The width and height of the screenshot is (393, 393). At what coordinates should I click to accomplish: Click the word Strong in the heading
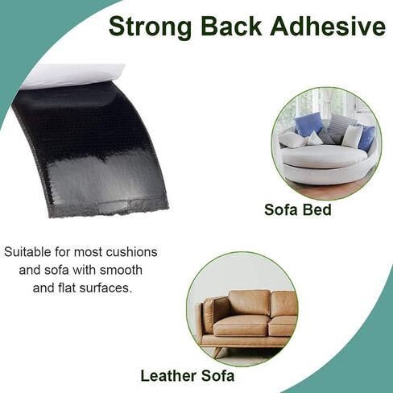click(150, 27)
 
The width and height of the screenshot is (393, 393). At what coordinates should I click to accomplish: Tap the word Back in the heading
click(231, 26)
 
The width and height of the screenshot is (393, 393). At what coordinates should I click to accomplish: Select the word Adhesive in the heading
click(328, 26)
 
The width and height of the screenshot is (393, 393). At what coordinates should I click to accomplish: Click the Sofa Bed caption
click(298, 209)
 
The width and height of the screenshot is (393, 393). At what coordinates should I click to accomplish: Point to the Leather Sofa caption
click(188, 376)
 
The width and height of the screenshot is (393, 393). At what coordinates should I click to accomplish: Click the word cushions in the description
click(131, 252)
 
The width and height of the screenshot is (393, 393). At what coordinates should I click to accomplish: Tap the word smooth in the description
click(121, 270)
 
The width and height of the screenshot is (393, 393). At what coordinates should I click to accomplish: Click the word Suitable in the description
click(27, 252)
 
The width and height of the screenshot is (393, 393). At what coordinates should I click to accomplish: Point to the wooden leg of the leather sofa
click(220, 351)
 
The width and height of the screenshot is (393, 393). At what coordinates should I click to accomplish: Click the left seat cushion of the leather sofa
click(242, 325)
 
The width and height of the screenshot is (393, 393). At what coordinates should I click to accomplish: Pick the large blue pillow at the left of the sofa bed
click(308, 124)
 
